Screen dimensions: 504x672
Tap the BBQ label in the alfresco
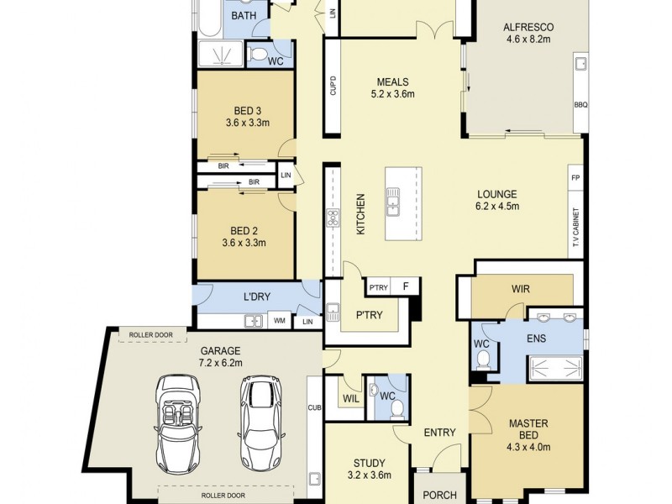[580, 104]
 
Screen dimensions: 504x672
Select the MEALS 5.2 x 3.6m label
[392, 88]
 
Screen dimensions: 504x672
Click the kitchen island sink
[392, 202]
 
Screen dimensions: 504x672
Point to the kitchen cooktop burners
[332, 218]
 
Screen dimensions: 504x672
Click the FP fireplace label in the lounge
[575, 179]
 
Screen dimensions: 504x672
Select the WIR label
[521, 289]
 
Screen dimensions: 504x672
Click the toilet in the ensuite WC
[483, 360]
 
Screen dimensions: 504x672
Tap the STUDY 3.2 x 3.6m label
[370, 469]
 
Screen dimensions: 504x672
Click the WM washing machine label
[279, 320]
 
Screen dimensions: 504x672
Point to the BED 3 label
[246, 116]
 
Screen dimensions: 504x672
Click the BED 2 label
[244, 236]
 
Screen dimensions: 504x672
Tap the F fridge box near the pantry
[406, 286]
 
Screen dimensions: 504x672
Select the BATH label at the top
[244, 16]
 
